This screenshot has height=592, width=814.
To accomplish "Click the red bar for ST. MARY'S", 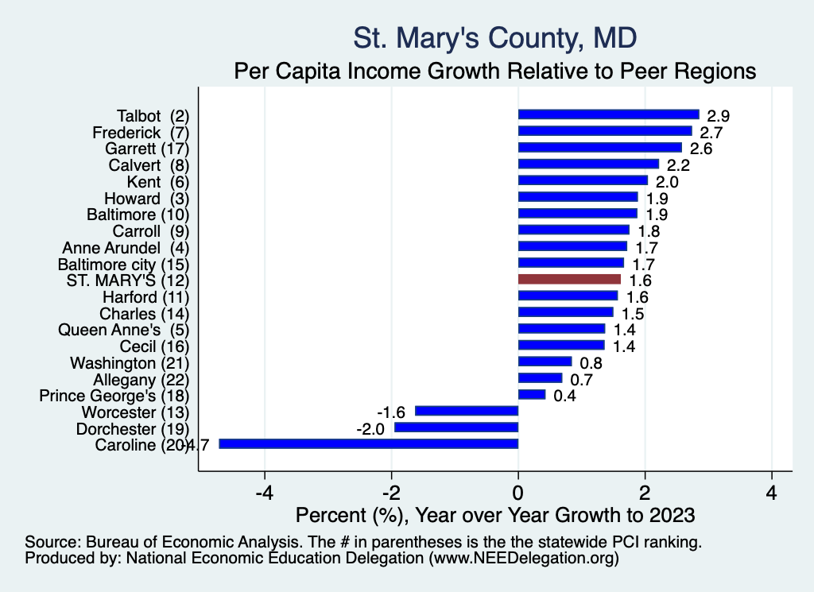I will tap(569, 279).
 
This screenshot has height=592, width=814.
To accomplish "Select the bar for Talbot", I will tap(608, 114).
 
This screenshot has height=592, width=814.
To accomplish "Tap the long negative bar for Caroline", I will tap(369, 443).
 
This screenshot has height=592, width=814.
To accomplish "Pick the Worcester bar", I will tap(467, 411).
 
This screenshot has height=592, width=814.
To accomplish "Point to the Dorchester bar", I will tap(456, 428).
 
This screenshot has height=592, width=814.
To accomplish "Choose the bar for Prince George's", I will tap(532, 394).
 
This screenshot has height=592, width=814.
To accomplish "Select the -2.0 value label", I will tap(370, 428).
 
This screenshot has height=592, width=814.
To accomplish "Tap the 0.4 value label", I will tap(564, 396).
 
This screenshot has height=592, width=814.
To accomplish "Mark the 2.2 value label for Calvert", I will tap(678, 165).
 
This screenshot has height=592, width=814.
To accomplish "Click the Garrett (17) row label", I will tap(147, 148).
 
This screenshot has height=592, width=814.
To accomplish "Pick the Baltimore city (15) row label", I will tap(124, 263).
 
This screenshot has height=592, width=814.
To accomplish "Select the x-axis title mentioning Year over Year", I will tap(495, 514).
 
